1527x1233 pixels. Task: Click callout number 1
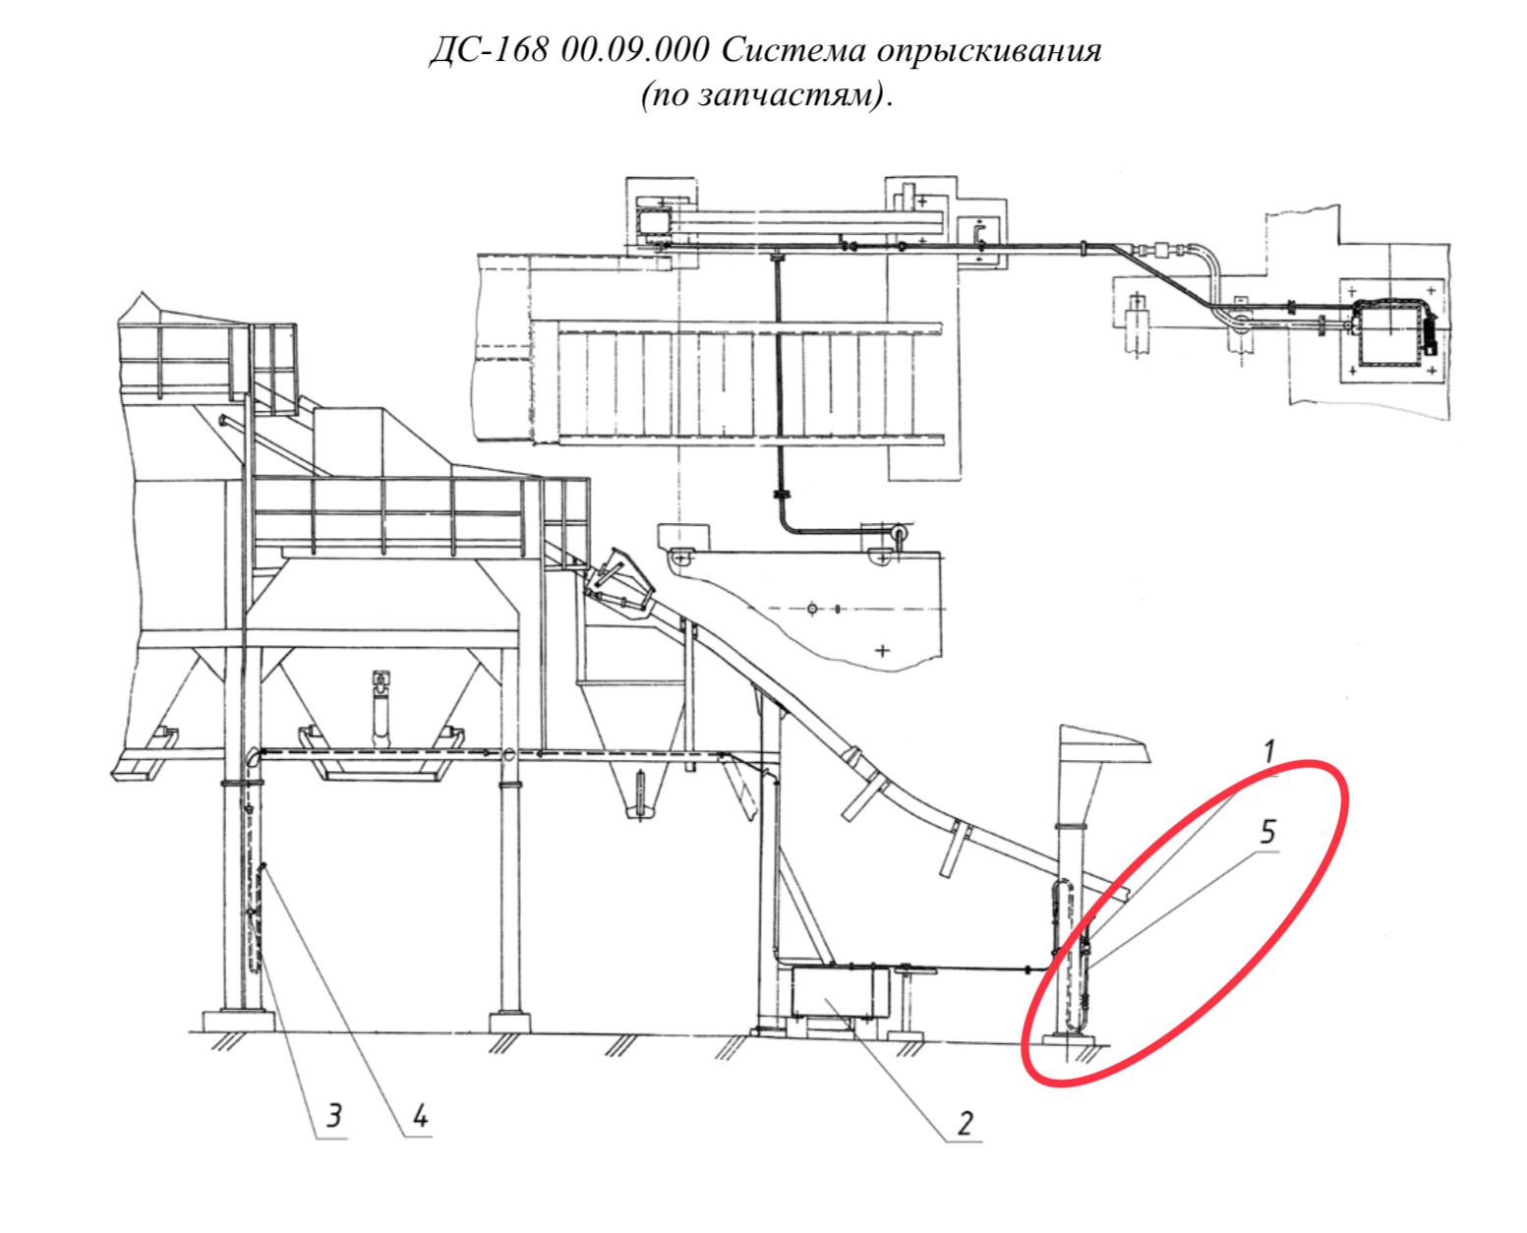coord(1268,751)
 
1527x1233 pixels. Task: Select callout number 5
coord(1268,832)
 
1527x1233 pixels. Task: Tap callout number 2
coord(966,1124)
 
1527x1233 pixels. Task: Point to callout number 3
coord(334,1115)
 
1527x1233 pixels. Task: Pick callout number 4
coord(420,1115)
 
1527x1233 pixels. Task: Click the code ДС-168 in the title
coord(490,50)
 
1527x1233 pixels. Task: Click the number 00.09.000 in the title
coord(635,50)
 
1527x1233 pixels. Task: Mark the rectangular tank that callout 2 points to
coord(840,991)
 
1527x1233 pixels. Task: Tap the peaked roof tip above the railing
coord(142,293)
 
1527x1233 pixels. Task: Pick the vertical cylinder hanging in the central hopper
coord(380,710)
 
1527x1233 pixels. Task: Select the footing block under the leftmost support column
coord(239,1020)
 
